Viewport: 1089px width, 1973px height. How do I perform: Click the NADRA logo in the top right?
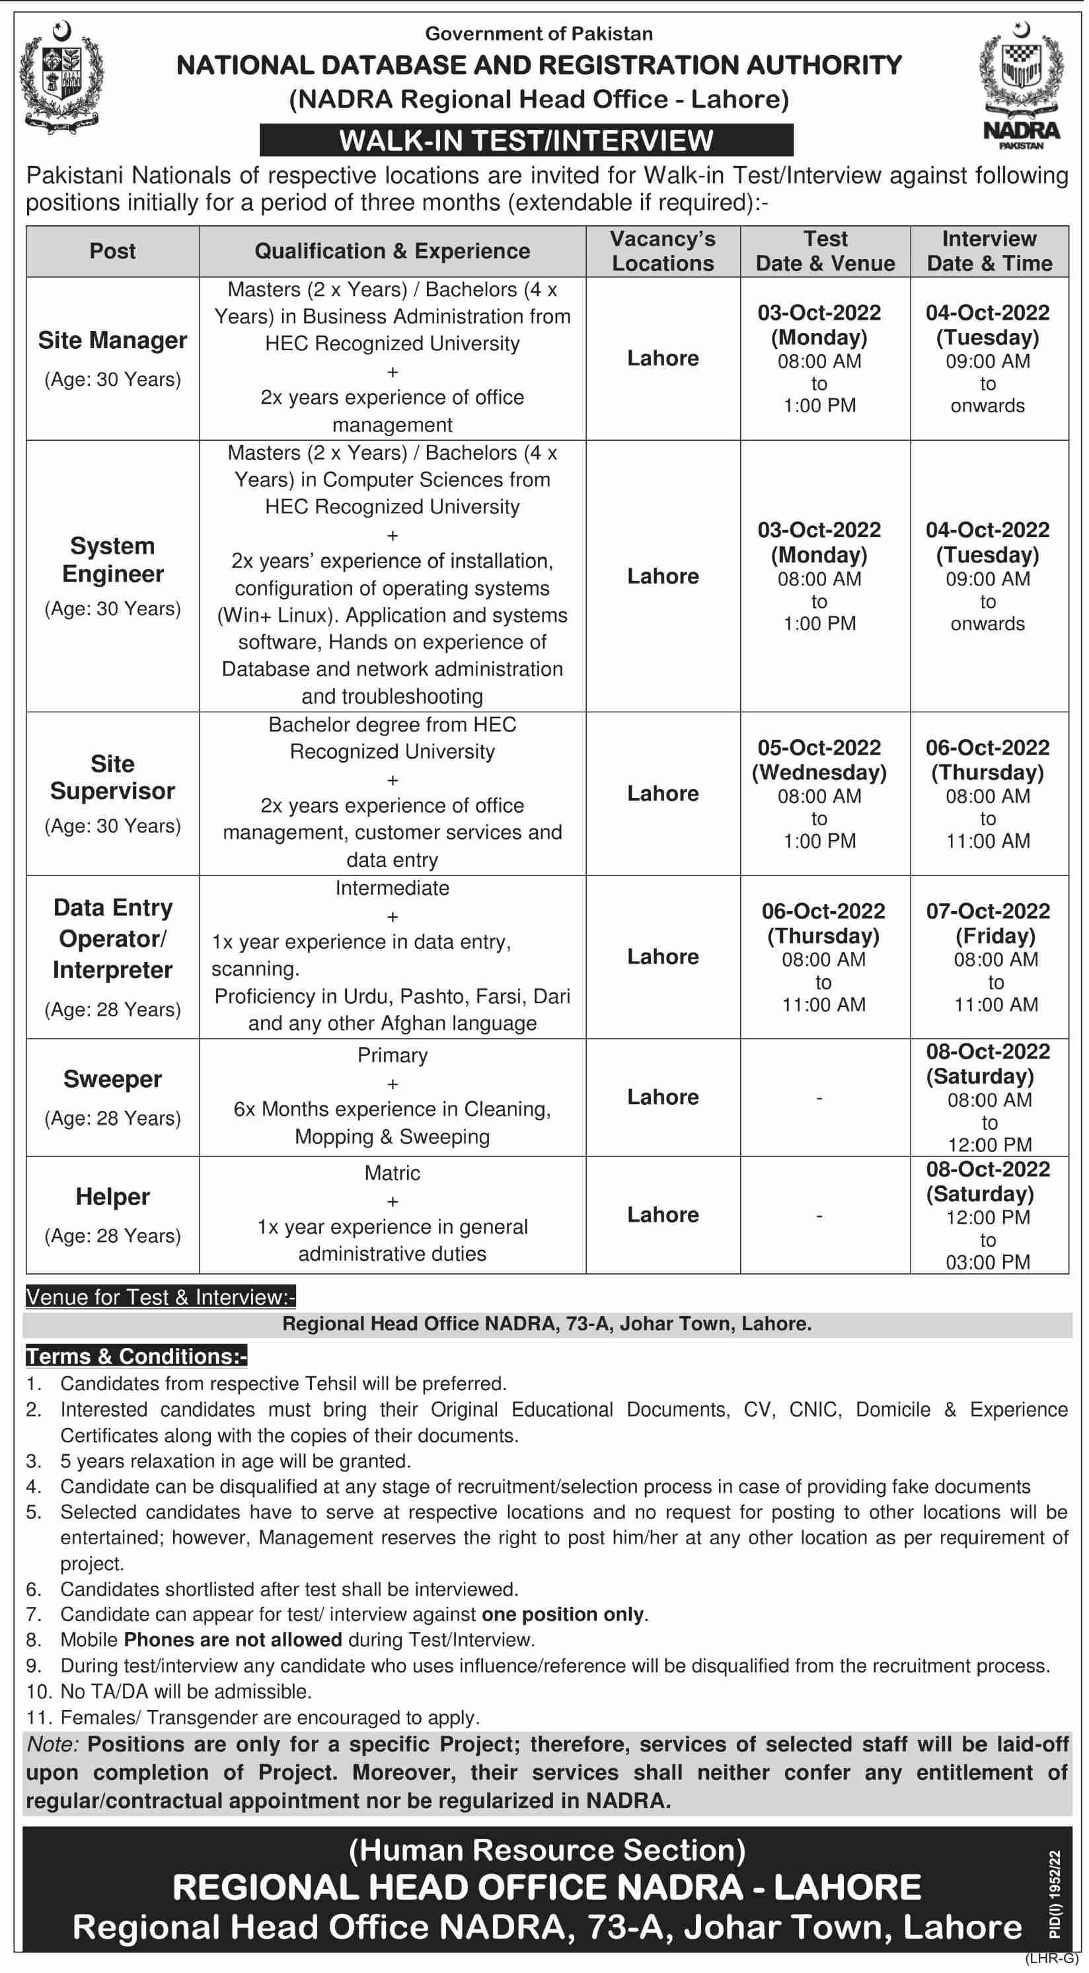[x=1021, y=85]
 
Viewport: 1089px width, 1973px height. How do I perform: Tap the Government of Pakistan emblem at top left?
[x=61, y=77]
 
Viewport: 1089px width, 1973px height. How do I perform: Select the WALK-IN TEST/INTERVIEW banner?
[x=526, y=140]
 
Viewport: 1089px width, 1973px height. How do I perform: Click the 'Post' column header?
[x=112, y=251]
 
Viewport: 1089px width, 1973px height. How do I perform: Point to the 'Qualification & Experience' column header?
[x=392, y=251]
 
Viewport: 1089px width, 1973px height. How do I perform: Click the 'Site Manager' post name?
[x=112, y=340]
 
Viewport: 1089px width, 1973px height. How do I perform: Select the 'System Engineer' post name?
[x=112, y=560]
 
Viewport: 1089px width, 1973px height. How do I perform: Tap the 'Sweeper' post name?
[x=112, y=1079]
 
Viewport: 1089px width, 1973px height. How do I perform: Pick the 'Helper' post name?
[x=112, y=1197]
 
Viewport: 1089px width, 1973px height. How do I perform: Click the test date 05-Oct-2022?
[x=819, y=747]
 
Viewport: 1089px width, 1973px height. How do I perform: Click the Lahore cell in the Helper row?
[x=662, y=1214]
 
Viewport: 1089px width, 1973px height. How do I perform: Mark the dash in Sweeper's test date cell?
[x=819, y=1098]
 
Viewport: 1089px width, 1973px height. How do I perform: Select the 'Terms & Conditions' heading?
[x=136, y=1357]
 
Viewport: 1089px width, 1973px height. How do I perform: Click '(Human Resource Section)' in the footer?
[x=546, y=1851]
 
